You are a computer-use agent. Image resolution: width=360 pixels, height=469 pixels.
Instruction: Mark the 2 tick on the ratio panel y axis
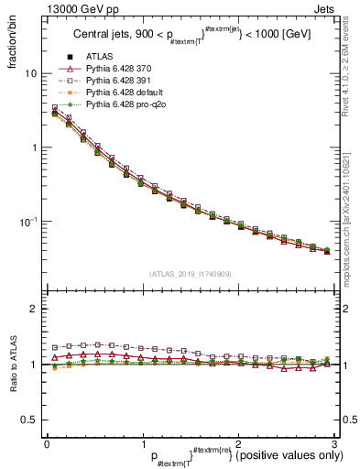(34, 309)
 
